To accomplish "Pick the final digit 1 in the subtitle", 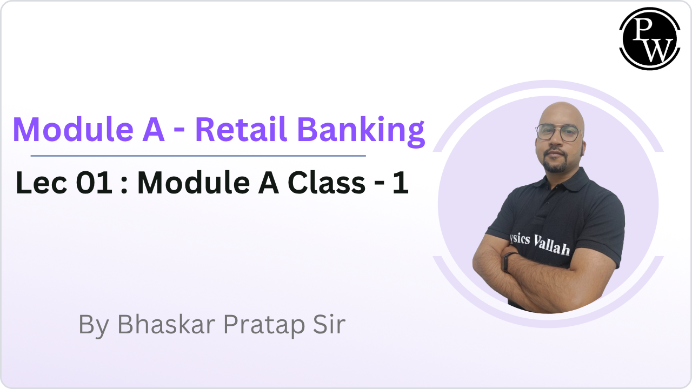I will click(x=401, y=183).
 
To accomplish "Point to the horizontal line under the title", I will click(x=198, y=156).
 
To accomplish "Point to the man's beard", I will click(x=557, y=164).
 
